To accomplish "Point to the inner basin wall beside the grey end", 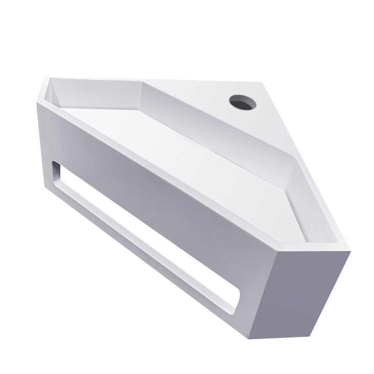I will coord(311,206).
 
